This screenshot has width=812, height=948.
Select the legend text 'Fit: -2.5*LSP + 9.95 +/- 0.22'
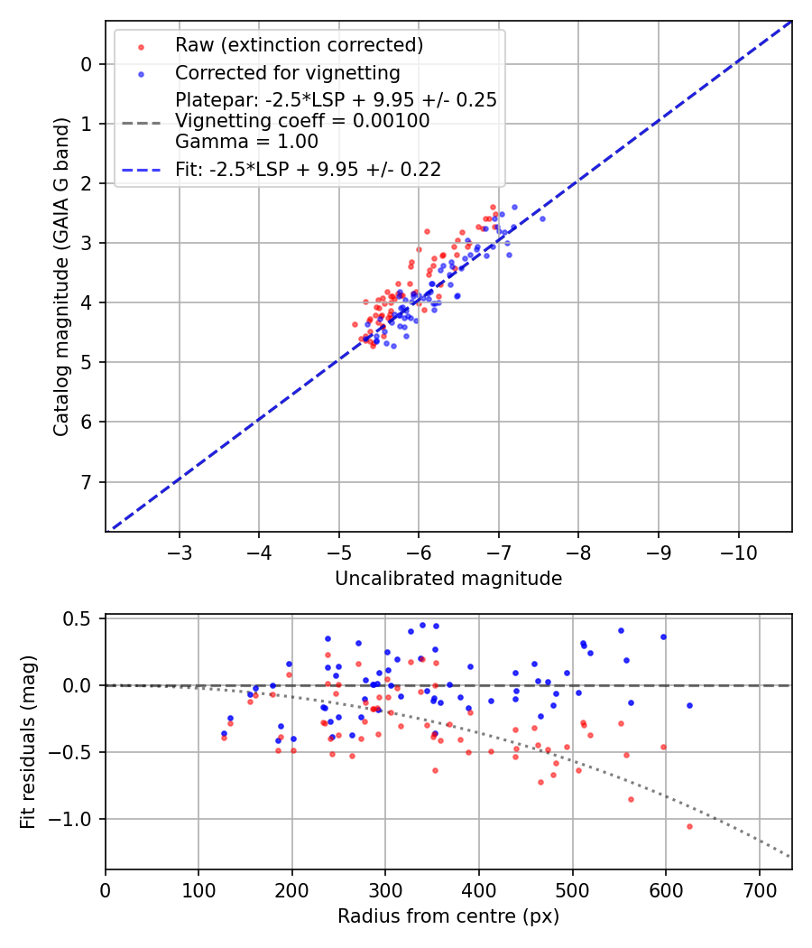[308, 169]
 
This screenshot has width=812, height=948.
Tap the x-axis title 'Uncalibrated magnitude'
[448, 579]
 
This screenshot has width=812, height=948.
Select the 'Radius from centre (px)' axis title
[448, 916]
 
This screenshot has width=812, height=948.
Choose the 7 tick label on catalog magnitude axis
[87, 481]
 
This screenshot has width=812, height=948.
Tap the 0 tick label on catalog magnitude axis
[87, 64]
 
